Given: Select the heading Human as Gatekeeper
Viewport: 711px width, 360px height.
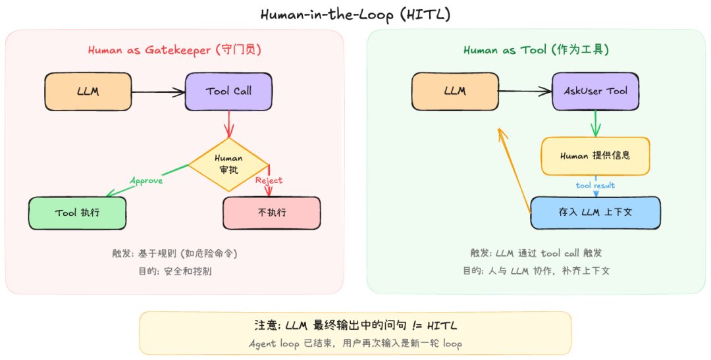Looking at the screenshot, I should click(x=174, y=51).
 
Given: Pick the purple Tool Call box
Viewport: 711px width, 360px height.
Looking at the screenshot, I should click(x=228, y=91).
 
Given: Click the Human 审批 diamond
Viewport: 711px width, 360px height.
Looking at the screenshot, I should click(x=228, y=164).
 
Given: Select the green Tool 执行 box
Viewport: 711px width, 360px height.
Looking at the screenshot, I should click(x=78, y=213).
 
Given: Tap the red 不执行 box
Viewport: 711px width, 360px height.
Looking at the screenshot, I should click(x=271, y=213).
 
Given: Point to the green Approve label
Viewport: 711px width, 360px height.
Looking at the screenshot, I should click(x=146, y=180).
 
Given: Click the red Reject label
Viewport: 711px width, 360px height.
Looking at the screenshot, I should click(x=269, y=180).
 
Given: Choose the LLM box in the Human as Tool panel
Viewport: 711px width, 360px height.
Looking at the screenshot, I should click(x=455, y=91).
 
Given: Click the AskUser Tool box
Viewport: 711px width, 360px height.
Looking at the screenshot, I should click(x=595, y=91).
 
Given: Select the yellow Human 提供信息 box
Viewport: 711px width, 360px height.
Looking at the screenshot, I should click(x=595, y=156).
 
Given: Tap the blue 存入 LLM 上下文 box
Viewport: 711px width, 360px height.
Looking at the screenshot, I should click(x=595, y=213).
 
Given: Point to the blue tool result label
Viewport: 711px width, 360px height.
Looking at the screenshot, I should click(x=595, y=186).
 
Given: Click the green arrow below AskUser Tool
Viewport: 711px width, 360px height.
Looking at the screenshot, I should click(x=596, y=122).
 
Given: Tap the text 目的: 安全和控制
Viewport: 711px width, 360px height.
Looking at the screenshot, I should click(x=174, y=270).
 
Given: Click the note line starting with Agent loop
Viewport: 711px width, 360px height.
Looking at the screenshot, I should click(x=355, y=343).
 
